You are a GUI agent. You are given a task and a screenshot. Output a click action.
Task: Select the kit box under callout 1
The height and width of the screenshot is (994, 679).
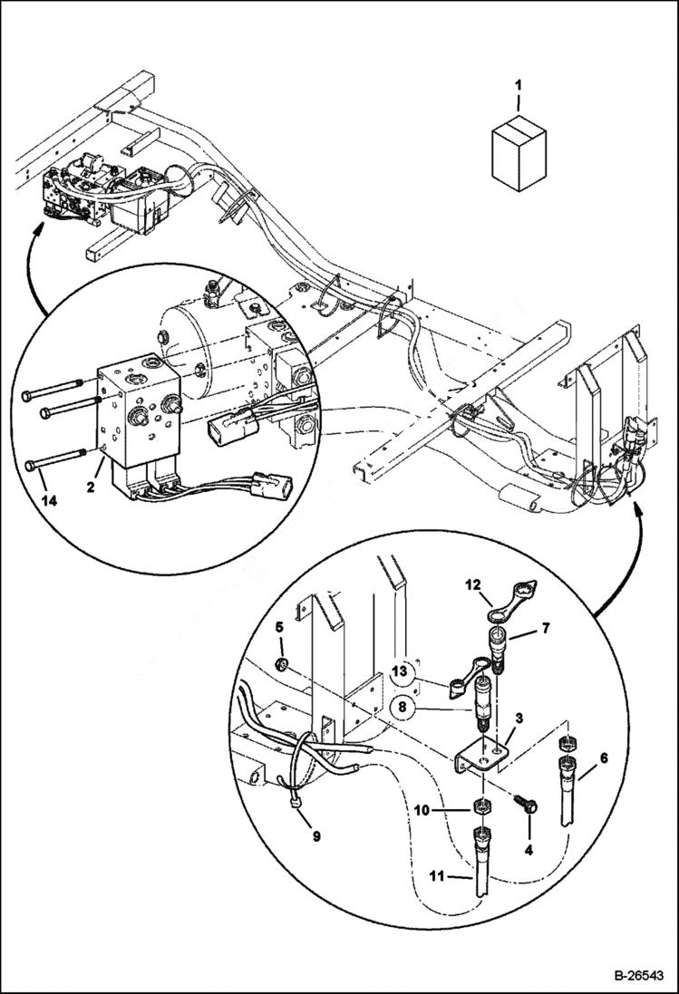tap(519, 153)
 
